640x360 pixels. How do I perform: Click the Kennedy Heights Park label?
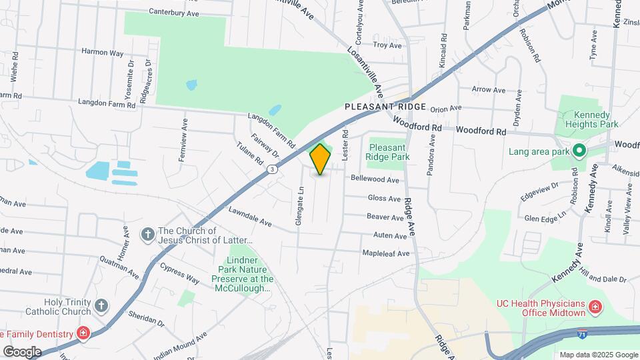click(591, 119)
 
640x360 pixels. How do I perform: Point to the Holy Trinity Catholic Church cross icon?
click(101, 306)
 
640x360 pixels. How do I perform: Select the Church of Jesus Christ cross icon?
click(147, 235)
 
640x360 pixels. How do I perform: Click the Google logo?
click(22, 351)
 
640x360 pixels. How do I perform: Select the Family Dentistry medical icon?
click(83, 333)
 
